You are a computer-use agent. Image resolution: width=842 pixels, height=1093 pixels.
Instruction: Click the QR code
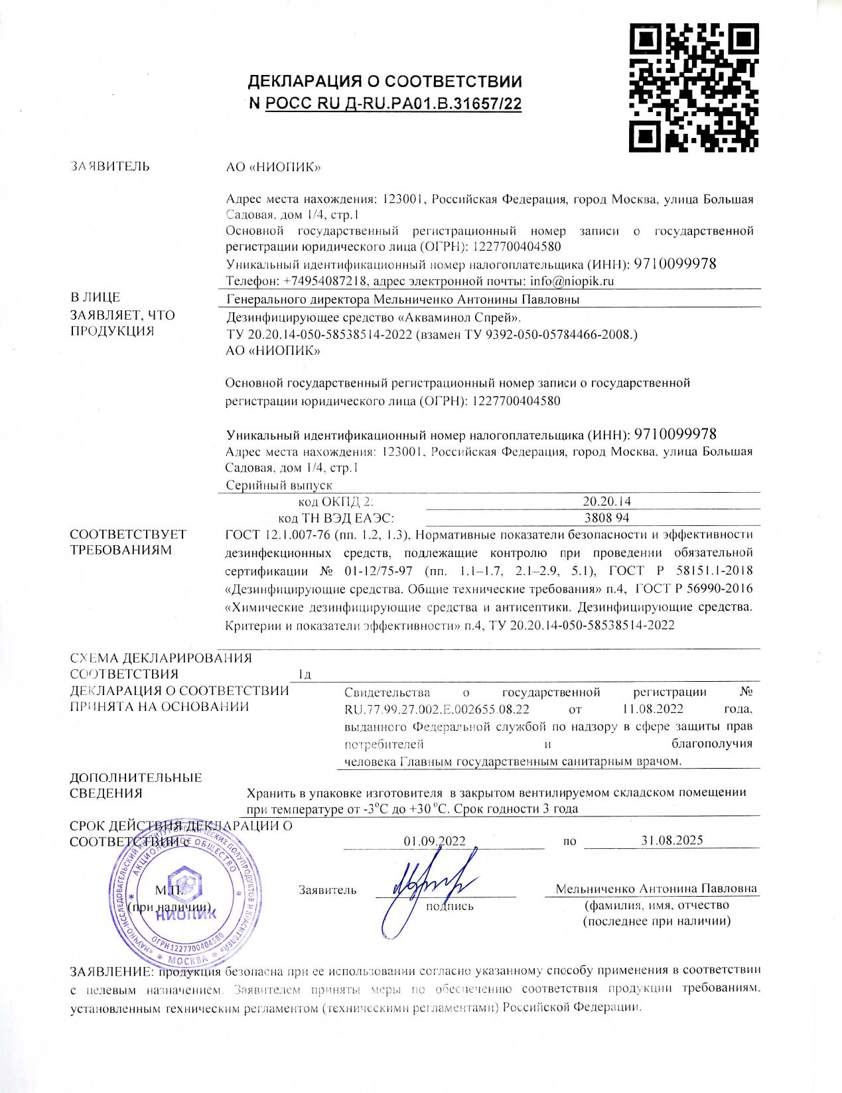click(693, 87)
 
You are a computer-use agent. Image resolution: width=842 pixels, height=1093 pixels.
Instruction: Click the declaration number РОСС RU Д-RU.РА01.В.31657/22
click(393, 104)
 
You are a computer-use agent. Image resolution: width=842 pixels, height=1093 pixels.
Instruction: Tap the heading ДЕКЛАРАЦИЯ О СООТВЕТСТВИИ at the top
click(385, 82)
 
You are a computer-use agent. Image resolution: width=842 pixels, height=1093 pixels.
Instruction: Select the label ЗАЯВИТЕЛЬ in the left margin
click(110, 166)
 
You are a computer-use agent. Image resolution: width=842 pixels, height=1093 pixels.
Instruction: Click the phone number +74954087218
click(325, 281)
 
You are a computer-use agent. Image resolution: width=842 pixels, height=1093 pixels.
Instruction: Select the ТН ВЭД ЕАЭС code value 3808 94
click(606, 517)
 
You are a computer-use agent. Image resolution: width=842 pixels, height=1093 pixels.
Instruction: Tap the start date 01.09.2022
click(435, 840)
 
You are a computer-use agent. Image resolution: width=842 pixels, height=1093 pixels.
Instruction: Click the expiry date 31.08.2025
click(672, 840)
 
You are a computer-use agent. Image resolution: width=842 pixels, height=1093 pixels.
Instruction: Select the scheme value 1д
click(305, 675)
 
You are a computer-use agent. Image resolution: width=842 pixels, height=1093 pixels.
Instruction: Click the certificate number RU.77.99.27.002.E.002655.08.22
click(437, 709)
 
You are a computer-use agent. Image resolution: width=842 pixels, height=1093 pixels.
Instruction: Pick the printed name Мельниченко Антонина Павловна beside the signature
click(656, 889)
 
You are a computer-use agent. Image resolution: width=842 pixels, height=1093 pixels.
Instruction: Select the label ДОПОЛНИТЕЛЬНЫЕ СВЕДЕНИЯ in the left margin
click(136, 785)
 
